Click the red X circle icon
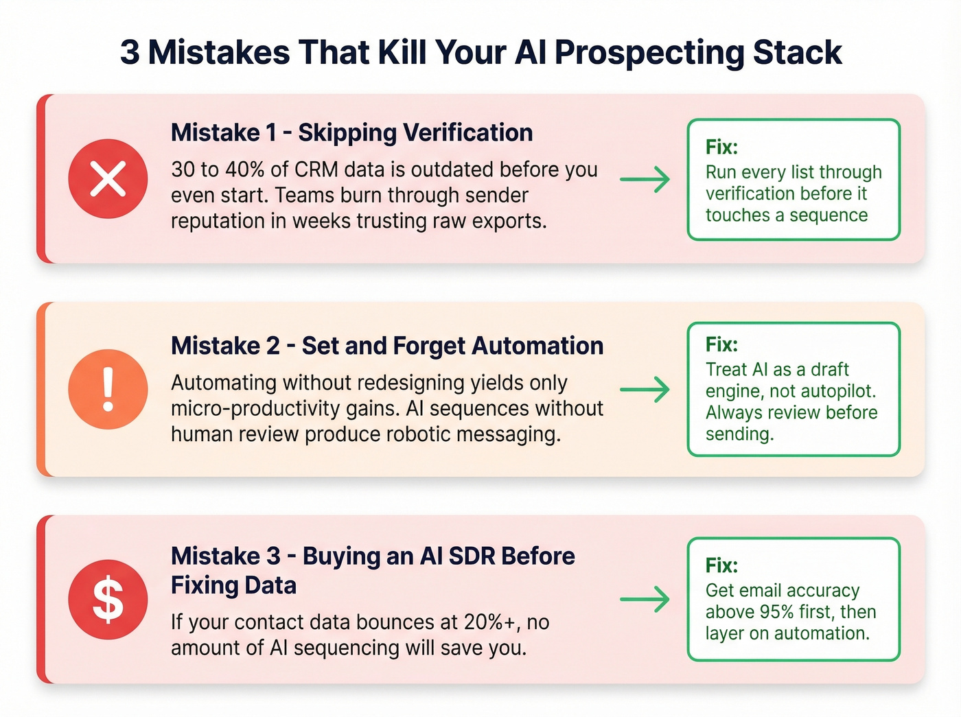(x=108, y=179)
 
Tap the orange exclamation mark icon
(x=108, y=389)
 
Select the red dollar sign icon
(x=108, y=599)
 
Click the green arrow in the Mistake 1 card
(x=645, y=179)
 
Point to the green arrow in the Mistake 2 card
(x=645, y=389)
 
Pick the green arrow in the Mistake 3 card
(x=645, y=599)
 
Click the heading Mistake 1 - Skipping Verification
(x=351, y=132)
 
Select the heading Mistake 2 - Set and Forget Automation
(x=387, y=346)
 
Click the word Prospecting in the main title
(x=649, y=53)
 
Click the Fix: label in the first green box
(x=721, y=147)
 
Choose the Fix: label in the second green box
(x=721, y=344)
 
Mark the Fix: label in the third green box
(x=721, y=565)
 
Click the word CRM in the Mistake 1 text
(x=316, y=169)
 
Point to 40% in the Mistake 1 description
(x=245, y=169)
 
